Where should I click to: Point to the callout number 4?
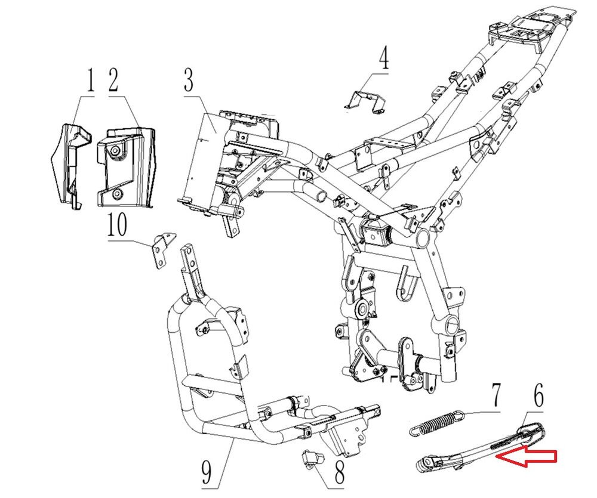(383, 60)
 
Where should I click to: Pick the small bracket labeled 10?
(162, 250)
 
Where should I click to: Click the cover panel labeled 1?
(67, 161)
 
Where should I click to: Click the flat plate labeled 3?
(200, 161)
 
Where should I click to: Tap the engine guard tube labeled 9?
(179, 370)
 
